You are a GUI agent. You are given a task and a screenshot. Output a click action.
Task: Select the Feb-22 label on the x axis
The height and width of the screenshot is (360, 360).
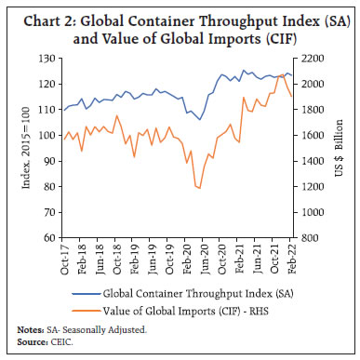(x=293, y=257)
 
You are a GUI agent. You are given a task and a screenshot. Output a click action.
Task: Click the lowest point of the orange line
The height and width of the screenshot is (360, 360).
(x=199, y=188)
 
